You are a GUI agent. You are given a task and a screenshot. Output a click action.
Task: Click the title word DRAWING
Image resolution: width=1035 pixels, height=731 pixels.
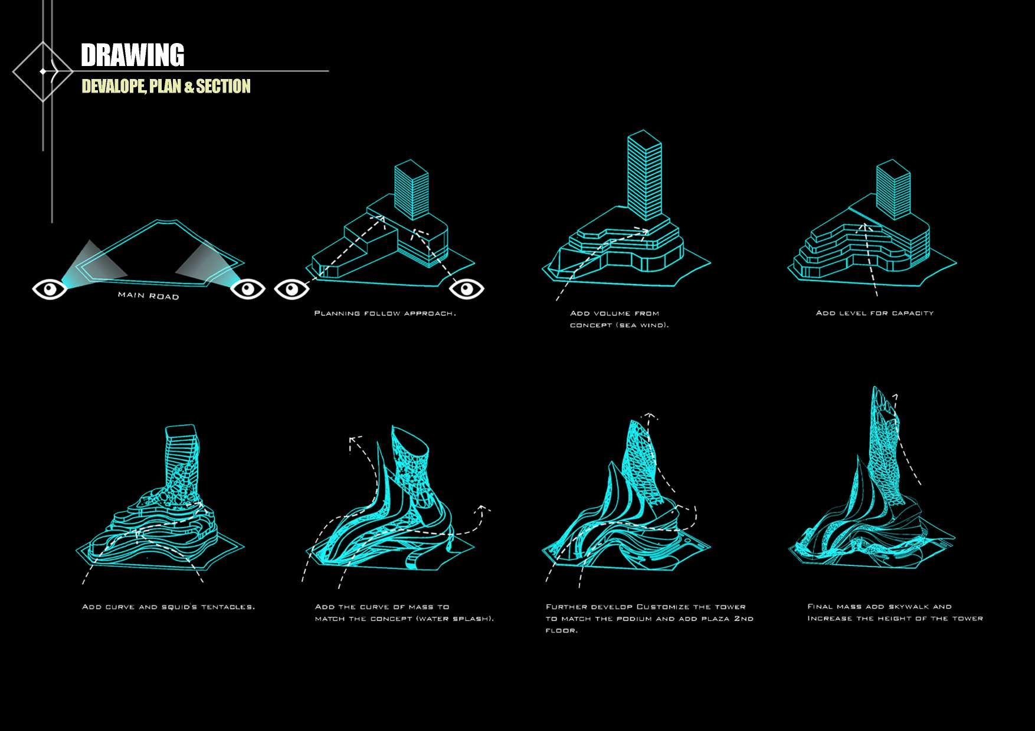(132, 55)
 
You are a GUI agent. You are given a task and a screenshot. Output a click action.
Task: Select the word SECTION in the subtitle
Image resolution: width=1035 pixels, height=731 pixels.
(223, 87)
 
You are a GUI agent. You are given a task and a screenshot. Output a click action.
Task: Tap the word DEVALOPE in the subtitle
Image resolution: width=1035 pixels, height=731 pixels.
(113, 87)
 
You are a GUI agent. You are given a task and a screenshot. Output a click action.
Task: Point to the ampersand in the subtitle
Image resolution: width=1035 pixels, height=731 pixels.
(189, 87)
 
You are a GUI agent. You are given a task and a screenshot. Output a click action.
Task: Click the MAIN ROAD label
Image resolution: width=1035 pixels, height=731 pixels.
(148, 295)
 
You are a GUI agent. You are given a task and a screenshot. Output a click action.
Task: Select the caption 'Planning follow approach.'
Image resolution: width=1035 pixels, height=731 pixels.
(385, 313)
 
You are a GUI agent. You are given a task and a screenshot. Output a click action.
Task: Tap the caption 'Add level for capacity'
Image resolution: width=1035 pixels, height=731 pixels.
(874, 313)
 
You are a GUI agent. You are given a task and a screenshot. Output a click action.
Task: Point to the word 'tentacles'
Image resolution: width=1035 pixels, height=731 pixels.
(228, 607)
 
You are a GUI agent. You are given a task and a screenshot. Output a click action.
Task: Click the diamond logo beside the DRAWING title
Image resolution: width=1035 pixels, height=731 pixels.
(42, 71)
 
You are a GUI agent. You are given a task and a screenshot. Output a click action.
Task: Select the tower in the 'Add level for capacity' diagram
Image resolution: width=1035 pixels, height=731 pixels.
(893, 192)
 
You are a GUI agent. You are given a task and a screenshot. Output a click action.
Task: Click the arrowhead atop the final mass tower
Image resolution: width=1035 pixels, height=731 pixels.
(895, 397)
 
